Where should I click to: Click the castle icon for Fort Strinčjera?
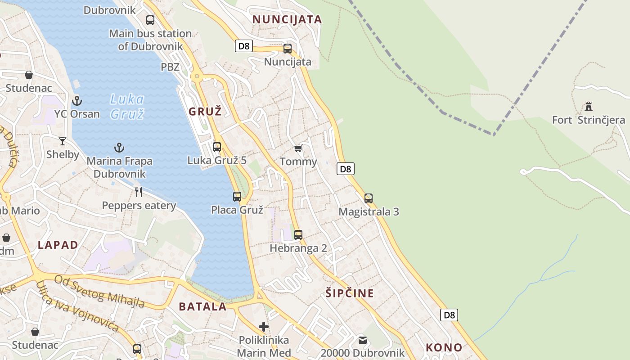click(588, 107)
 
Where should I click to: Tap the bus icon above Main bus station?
click(150, 20)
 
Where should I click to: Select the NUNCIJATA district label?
click(287, 19)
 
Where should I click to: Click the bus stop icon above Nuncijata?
click(288, 49)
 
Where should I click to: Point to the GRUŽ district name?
click(205, 111)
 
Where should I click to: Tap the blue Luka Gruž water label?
click(127, 106)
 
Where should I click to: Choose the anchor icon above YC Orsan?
click(77, 101)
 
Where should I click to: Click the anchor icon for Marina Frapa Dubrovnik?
click(119, 148)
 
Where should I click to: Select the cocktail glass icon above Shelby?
click(63, 141)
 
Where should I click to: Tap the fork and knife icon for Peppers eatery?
click(139, 192)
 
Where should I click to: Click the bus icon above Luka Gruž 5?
click(217, 147)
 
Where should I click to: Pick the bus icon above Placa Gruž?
click(237, 196)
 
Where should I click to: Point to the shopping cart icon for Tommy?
click(298, 148)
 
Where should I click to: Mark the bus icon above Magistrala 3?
click(369, 198)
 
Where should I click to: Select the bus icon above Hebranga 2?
click(298, 234)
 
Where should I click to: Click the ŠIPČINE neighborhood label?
click(350, 293)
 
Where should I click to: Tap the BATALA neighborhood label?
click(202, 307)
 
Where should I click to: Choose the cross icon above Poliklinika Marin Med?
click(264, 326)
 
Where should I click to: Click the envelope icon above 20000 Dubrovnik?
click(363, 340)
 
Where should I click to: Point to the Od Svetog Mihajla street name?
click(99, 291)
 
